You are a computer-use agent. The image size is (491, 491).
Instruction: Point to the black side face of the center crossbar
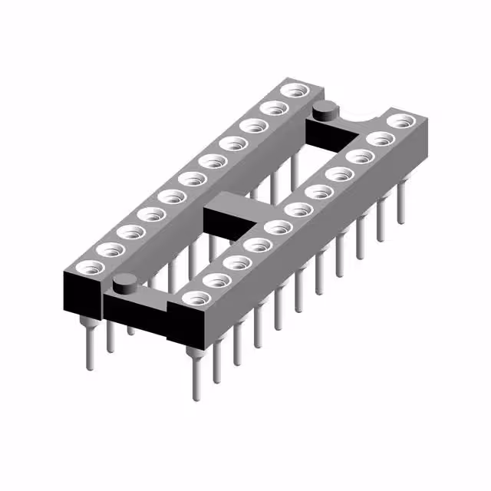[226, 221]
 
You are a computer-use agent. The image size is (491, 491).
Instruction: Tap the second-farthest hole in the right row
[378, 139]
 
